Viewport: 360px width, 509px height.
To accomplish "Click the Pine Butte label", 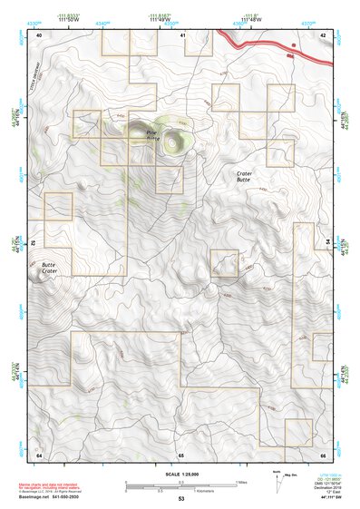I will coord(152,133).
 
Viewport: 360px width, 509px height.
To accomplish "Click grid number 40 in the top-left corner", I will coord(39,34).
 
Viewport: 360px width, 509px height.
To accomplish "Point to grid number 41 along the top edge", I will coord(182,34).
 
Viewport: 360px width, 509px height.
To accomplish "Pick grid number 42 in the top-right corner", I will coord(323,34).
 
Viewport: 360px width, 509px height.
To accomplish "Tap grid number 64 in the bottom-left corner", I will coord(39,454).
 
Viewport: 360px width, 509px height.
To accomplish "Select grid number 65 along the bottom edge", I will coord(181,454).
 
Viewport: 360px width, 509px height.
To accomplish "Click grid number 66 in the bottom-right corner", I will coord(323,454).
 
